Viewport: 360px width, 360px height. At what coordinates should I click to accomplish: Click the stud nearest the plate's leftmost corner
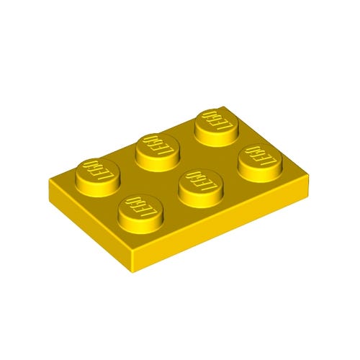[x=96, y=171]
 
